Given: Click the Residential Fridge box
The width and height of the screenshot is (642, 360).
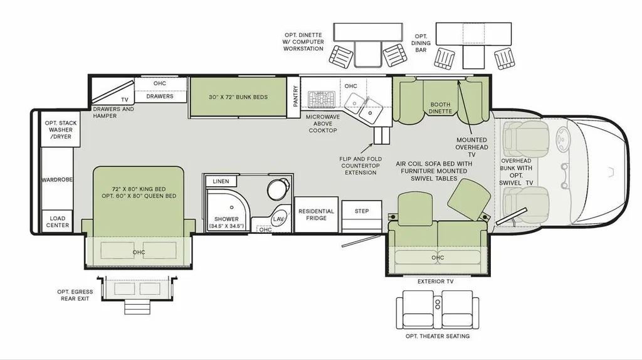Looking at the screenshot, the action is coord(316,214).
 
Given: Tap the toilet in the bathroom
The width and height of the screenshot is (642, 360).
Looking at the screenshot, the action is coord(278,189).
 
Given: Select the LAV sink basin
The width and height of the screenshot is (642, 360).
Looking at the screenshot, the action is coord(279,219).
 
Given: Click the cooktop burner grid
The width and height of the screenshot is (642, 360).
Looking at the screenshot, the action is coord(322,100).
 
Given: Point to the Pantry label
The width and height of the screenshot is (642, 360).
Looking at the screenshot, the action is coord(296,96).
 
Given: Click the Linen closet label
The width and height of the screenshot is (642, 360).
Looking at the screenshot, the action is coord(221,181).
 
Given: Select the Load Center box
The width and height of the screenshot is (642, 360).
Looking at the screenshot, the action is coord(57,221).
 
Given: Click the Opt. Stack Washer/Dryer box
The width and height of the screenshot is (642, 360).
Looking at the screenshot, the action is coord(61,129).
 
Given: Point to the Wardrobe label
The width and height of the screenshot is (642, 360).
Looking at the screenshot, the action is coord(57,179).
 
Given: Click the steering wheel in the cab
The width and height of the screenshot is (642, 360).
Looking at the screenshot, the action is coord(562,139).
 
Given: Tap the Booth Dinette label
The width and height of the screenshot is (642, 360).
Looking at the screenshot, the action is coord(440,108).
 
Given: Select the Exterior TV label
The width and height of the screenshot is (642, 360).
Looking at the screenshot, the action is coord(435,282).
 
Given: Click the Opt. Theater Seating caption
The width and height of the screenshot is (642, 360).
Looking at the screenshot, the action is coord(437,336).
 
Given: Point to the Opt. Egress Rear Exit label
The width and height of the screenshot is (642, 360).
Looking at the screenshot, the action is coord(75,295).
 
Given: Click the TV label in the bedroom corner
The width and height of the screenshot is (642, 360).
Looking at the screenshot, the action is coord(125,100).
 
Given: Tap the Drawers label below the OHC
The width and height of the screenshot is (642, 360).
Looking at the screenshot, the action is coord(160,96).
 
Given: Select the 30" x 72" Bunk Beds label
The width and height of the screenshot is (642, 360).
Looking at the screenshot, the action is coord(238,97).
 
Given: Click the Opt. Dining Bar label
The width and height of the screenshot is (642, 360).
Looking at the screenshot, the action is coord(421,43).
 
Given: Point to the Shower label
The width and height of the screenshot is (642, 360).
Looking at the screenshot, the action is coord(226,219).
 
